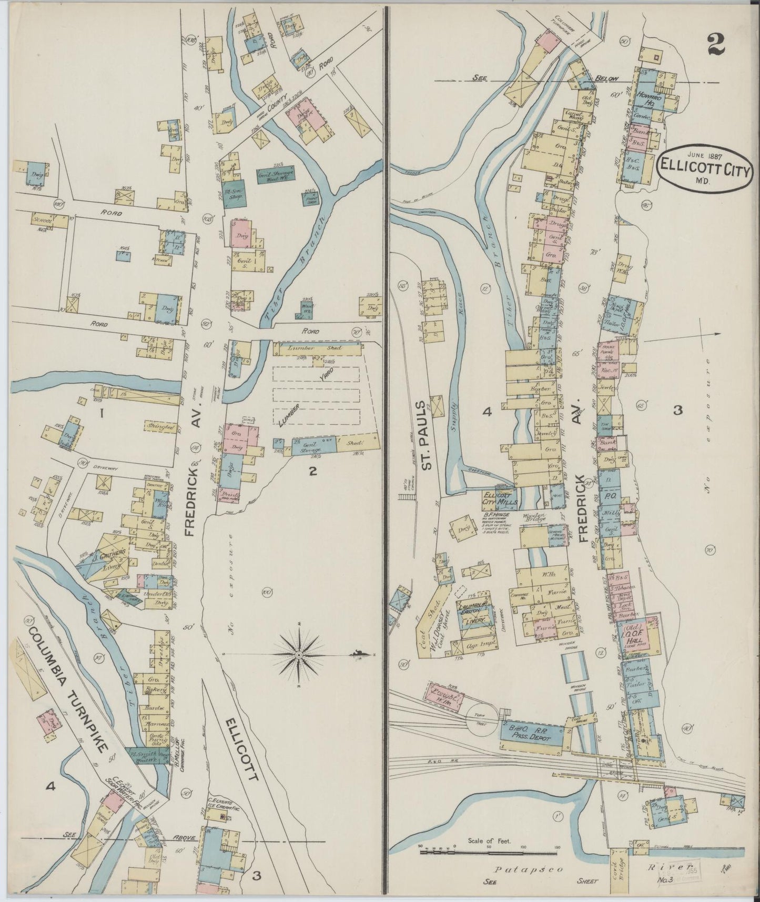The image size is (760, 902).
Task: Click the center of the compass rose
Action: tap(298, 655)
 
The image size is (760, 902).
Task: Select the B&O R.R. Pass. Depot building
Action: tap(531, 735)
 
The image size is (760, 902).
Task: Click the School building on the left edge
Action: tap(40, 221)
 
